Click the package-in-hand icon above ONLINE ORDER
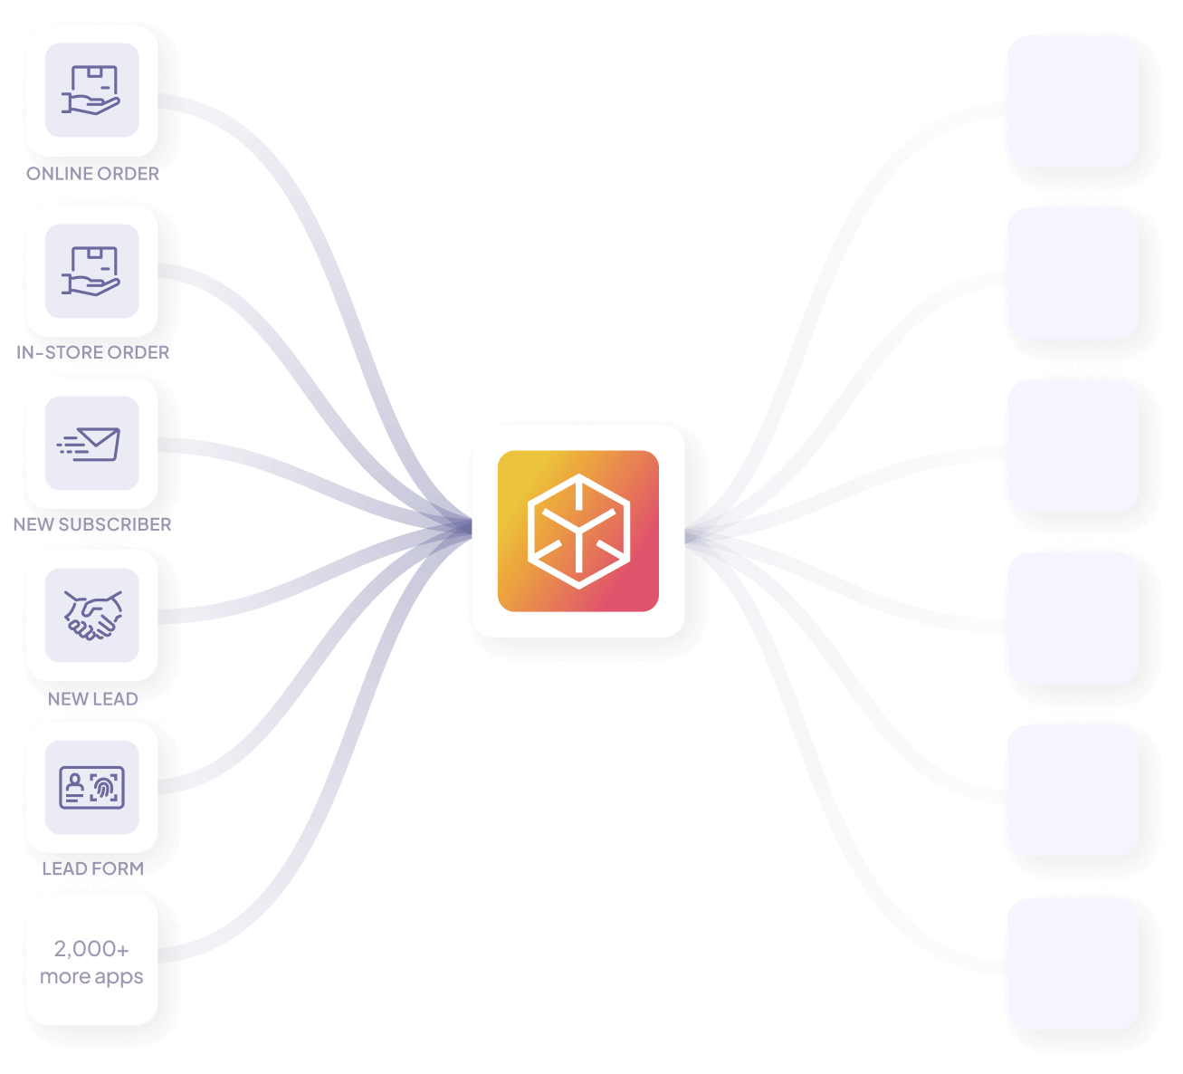[x=91, y=91]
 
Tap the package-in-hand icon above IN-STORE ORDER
[x=91, y=271]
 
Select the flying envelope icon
[x=91, y=443]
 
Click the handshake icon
[x=92, y=615]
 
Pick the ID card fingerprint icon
[x=92, y=787]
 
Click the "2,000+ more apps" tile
[x=92, y=960]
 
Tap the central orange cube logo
[x=578, y=531]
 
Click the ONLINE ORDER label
[x=92, y=173]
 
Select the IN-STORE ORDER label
[x=92, y=352]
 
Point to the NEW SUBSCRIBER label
[x=92, y=524]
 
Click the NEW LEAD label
[x=92, y=699]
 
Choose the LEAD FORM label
[x=92, y=868]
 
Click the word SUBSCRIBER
[x=115, y=524]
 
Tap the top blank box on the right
[x=1073, y=101]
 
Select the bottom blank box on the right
[x=1073, y=964]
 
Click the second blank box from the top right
[x=1073, y=273]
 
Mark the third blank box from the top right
[x=1073, y=446]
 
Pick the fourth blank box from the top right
[x=1073, y=619]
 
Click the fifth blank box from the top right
[x=1073, y=791]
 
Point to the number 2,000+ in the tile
[x=91, y=948]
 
